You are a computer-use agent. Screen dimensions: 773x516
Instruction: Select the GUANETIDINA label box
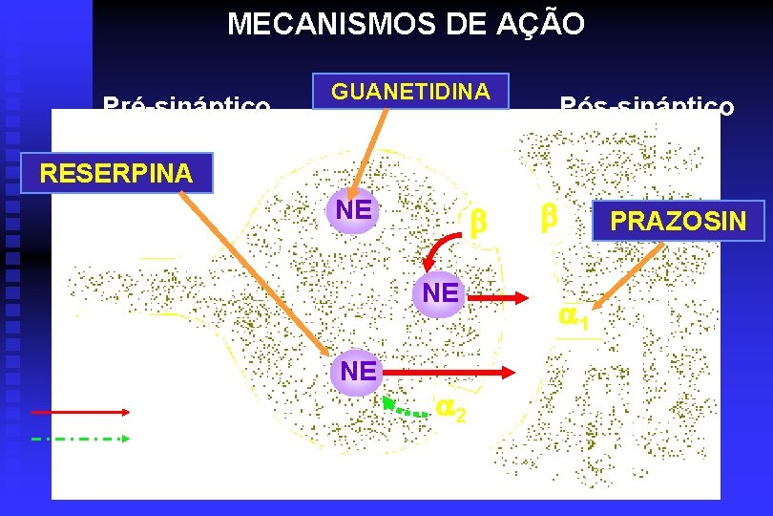click(410, 92)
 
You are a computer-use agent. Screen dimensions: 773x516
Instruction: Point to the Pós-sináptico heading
click(646, 104)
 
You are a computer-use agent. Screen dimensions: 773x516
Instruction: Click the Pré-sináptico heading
click(186, 104)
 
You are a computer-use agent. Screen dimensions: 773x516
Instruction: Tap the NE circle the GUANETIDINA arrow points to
click(353, 209)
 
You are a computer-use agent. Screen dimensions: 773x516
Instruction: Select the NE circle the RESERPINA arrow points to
click(358, 372)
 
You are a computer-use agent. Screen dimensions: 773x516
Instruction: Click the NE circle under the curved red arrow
click(440, 293)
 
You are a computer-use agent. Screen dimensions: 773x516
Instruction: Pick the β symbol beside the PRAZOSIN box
click(548, 218)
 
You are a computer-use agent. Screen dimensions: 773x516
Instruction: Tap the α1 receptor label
click(574, 315)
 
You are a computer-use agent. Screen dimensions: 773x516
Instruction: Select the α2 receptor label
click(451, 408)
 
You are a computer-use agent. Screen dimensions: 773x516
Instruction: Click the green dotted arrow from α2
click(405, 409)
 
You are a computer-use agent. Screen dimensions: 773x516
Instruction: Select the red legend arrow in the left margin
click(80, 412)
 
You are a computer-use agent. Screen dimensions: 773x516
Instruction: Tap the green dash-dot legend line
click(80, 439)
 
